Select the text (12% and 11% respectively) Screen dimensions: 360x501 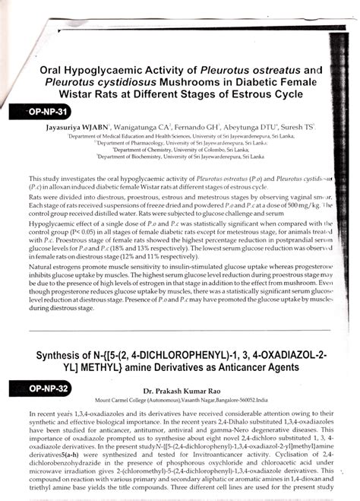[x=140, y=256]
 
